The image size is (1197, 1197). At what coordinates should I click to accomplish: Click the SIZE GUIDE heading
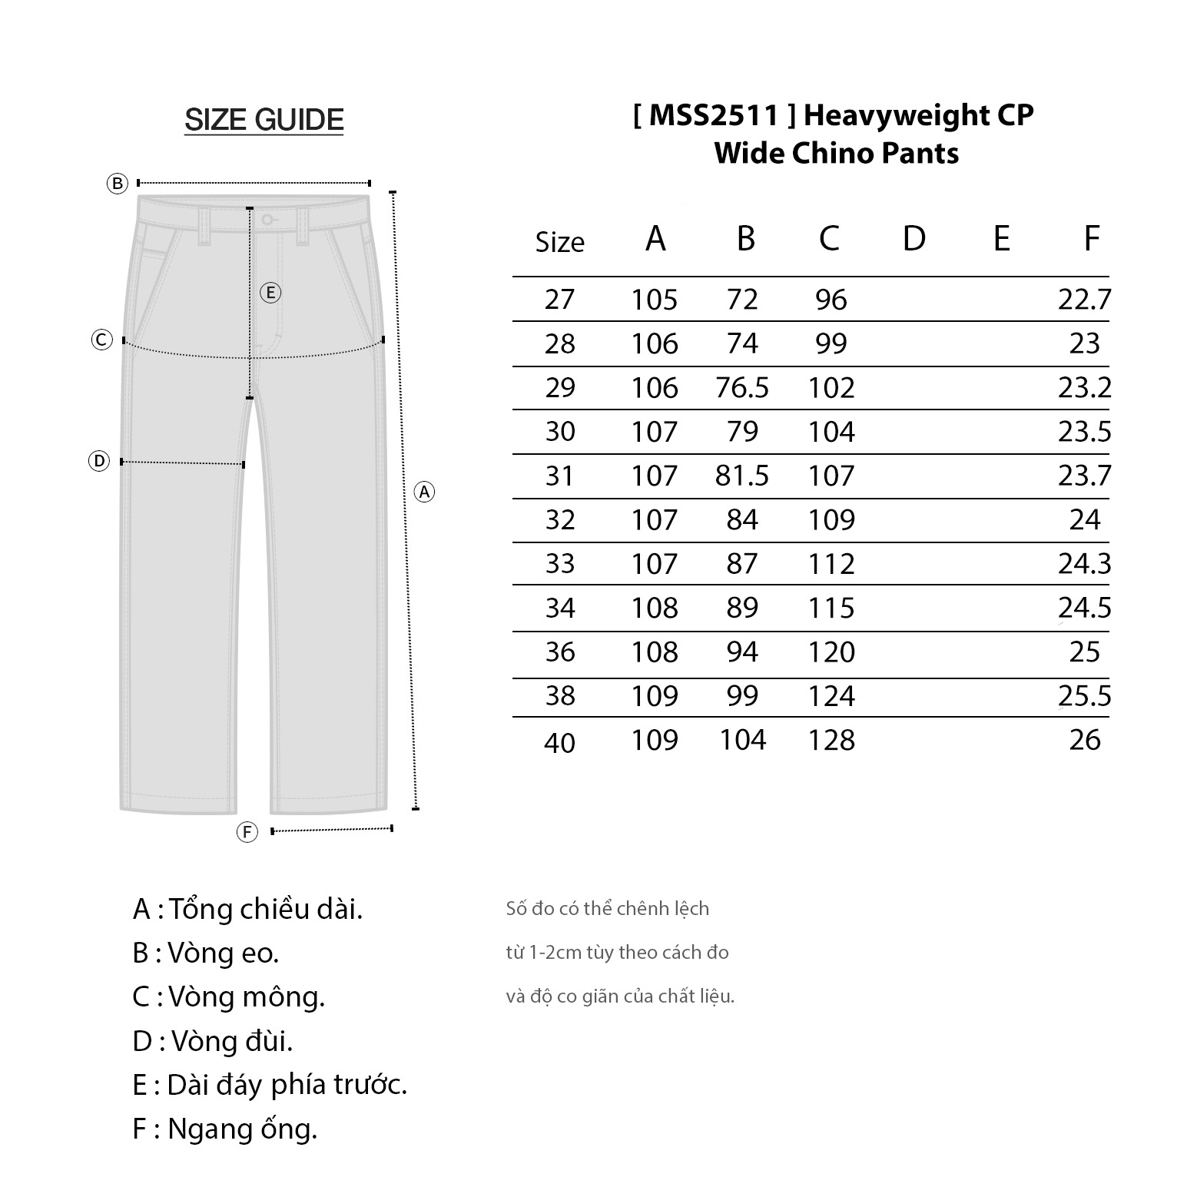264,120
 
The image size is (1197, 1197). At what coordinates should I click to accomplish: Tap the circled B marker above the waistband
117,184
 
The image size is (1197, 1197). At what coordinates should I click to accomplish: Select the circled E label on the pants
270,293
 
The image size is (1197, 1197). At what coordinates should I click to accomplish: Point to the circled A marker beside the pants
424,492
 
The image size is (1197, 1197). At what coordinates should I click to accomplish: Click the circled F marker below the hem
247,832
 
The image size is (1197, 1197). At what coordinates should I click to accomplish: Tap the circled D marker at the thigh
99,461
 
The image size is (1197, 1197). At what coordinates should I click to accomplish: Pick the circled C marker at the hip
102,340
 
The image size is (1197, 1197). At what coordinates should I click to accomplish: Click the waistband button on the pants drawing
266,220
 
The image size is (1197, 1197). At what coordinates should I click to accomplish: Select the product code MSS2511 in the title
715,115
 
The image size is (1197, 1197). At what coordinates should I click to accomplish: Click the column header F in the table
1091,239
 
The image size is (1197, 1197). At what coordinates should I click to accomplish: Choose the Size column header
559,242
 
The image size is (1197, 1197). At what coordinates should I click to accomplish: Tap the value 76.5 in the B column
741,388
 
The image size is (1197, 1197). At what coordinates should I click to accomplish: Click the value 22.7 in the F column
1084,300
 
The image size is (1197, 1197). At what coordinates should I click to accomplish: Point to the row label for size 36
559,652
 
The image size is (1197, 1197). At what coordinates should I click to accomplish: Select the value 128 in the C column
831,740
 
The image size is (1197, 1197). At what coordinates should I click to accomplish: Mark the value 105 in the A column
655,300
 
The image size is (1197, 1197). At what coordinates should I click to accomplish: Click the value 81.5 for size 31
741,476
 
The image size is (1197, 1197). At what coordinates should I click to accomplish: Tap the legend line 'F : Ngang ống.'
224,1129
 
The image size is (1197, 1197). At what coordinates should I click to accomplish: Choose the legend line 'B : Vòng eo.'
205,953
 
